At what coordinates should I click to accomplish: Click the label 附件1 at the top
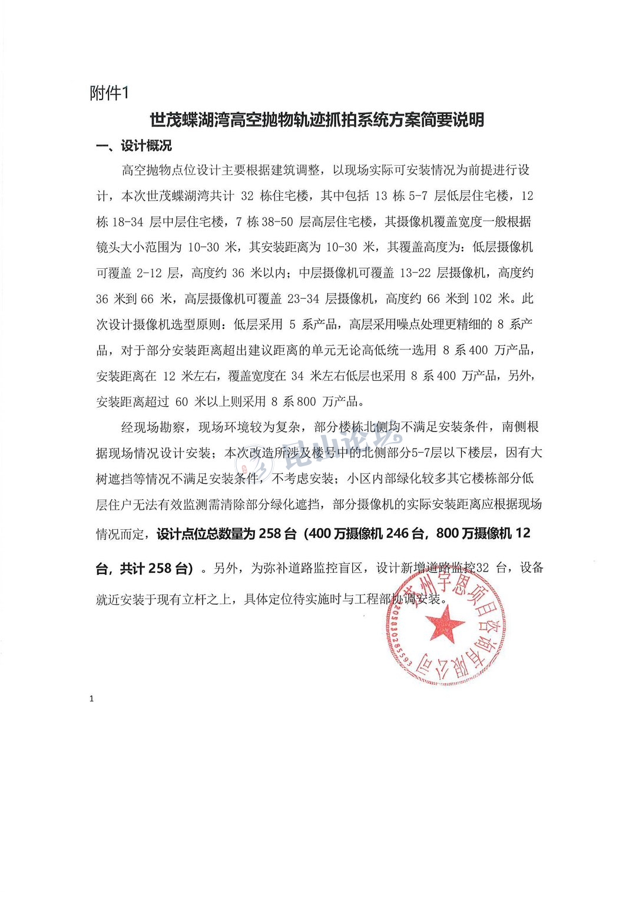point(108,93)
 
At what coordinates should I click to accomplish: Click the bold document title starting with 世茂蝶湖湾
point(317,120)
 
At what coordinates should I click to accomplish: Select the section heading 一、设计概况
point(134,146)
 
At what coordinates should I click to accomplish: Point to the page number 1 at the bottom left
point(91,699)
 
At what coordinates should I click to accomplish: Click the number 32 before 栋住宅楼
point(247,196)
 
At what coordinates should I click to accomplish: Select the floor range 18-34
point(127,222)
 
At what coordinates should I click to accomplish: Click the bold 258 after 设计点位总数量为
point(270,533)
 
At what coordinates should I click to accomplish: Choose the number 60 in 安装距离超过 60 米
point(182,402)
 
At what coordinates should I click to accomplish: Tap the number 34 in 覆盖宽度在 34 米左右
point(297,376)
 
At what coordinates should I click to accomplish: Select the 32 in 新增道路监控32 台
point(482,568)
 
